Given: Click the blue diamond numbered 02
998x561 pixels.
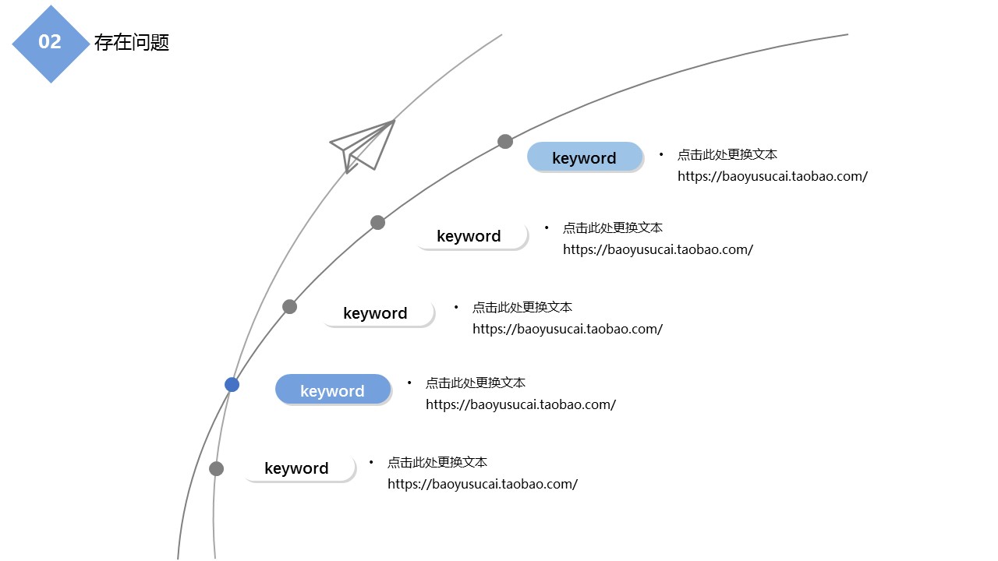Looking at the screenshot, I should pos(51,43).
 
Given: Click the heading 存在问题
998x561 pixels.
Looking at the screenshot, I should pos(131,42).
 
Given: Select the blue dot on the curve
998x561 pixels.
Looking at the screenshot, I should pos(232,384).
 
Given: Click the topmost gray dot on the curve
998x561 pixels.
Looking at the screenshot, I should pos(505,141).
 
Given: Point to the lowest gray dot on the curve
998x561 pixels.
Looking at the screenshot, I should pos(217,468).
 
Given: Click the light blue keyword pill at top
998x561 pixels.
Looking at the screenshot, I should pos(585,157).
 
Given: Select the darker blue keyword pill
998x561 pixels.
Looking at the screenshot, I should pos(333,390).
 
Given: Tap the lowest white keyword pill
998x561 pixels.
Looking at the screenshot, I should pos(298,468).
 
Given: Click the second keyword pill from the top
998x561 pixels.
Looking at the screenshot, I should pos(470,236).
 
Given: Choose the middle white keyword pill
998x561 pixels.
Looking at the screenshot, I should pos(377,313).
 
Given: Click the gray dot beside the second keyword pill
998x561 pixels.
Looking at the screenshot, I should pos(378,222).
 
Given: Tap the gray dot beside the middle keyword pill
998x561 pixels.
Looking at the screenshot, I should pos(290,306).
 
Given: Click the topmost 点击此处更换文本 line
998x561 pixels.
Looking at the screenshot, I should pos(727,154).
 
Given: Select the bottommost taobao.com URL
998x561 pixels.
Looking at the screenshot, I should pos(483,484).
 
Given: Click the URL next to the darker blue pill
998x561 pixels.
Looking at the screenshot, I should pos(521,404).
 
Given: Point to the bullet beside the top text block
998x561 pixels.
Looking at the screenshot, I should pos(661,154).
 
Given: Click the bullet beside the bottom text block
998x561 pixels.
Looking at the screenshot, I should pos(371,462).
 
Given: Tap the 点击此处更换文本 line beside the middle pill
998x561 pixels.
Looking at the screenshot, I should pos(522,307).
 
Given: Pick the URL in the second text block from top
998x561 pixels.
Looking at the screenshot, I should pos(658,249).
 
